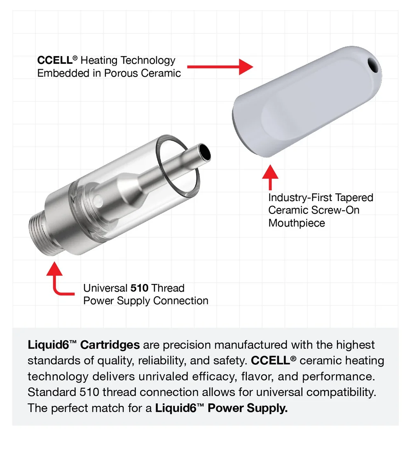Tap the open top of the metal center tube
(204, 153)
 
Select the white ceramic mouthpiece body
(305, 103)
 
